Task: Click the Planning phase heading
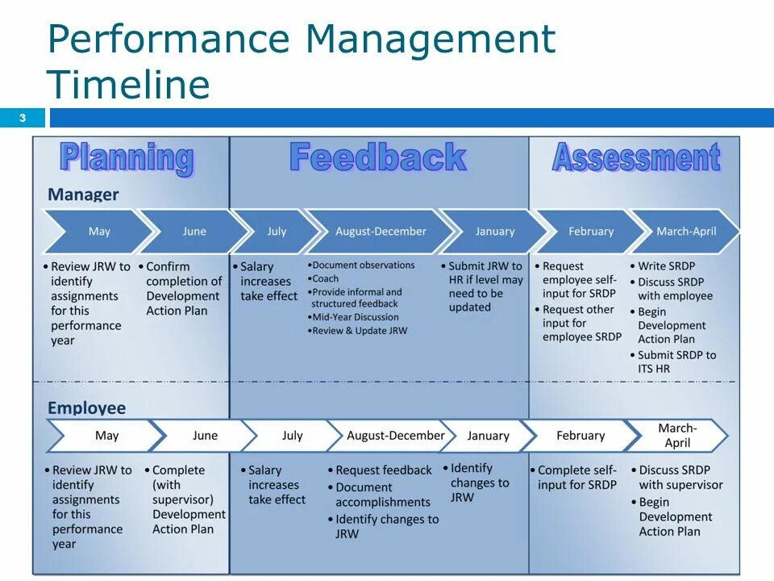127,158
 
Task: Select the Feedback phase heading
377,157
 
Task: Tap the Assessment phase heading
635,158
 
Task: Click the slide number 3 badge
23,119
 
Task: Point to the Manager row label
83,194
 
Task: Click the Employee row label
86,408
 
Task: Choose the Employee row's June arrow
205,436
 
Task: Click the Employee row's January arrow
488,436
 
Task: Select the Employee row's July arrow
292,436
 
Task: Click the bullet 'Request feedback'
383,470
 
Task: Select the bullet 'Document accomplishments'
382,495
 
